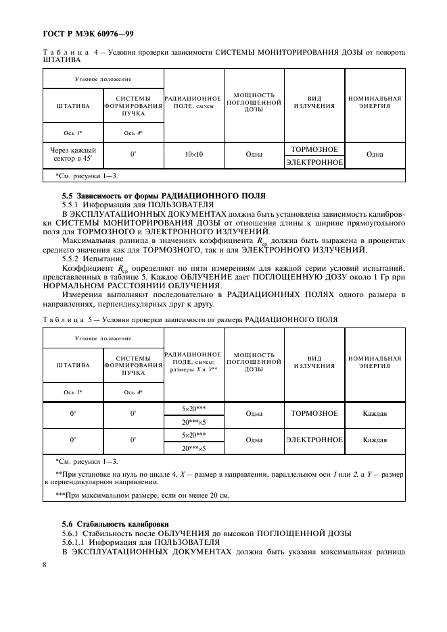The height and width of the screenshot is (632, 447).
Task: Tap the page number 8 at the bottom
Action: pyautogui.click(x=45, y=564)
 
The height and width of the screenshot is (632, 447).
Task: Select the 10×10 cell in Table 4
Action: pyautogui.click(x=194, y=154)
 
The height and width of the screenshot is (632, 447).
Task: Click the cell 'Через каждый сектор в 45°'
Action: pyautogui.click(x=73, y=154)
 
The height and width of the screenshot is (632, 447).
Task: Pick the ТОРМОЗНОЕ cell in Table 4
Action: pyautogui.click(x=314, y=149)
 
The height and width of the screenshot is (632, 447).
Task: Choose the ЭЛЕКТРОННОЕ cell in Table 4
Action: pyautogui.click(x=314, y=162)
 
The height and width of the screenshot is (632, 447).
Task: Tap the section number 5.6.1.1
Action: pyautogui.click(x=74, y=542)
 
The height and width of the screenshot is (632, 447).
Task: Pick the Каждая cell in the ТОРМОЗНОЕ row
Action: pyautogui.click(x=374, y=414)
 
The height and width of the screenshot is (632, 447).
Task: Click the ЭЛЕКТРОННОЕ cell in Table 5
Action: pyautogui.click(x=314, y=440)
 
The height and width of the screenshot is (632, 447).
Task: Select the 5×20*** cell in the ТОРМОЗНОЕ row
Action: pyautogui.click(x=193, y=409)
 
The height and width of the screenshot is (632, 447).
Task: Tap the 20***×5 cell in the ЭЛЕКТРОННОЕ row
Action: pyautogui.click(x=193, y=447)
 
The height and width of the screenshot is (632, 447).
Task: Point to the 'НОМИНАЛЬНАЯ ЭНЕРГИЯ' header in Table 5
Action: pyautogui.click(x=374, y=362)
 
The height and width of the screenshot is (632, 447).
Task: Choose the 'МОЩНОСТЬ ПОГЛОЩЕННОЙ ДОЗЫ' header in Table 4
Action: pyautogui.click(x=254, y=102)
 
